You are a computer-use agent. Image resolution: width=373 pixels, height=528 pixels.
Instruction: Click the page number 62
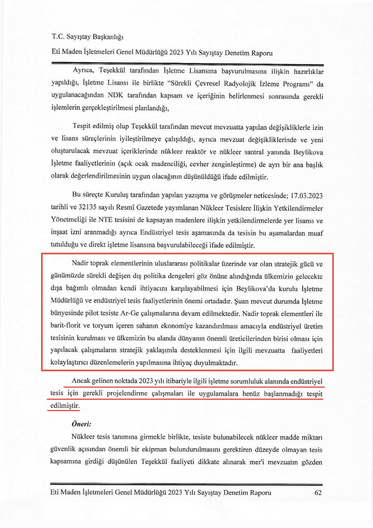[x=318, y=493]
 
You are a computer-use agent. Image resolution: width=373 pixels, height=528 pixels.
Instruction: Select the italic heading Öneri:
[x=81, y=424]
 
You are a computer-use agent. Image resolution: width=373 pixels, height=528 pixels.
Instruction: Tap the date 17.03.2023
[x=306, y=195]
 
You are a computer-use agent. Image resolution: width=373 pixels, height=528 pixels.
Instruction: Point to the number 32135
[x=87, y=208]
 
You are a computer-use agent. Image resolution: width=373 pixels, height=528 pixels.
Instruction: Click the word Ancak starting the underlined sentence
[x=81, y=380]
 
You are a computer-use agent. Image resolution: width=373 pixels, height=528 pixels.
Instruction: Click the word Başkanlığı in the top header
[x=108, y=37]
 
